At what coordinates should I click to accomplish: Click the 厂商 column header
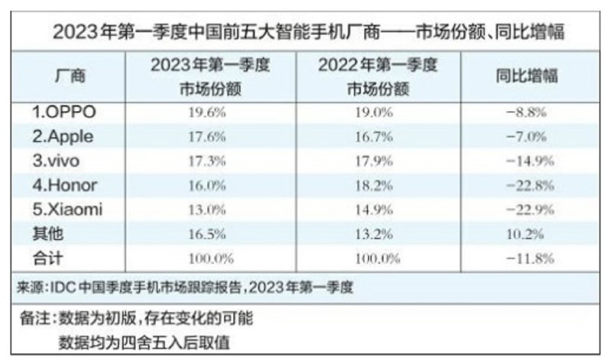click(70, 76)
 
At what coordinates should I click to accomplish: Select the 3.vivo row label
click(58, 162)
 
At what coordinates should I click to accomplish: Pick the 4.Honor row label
click(65, 186)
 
